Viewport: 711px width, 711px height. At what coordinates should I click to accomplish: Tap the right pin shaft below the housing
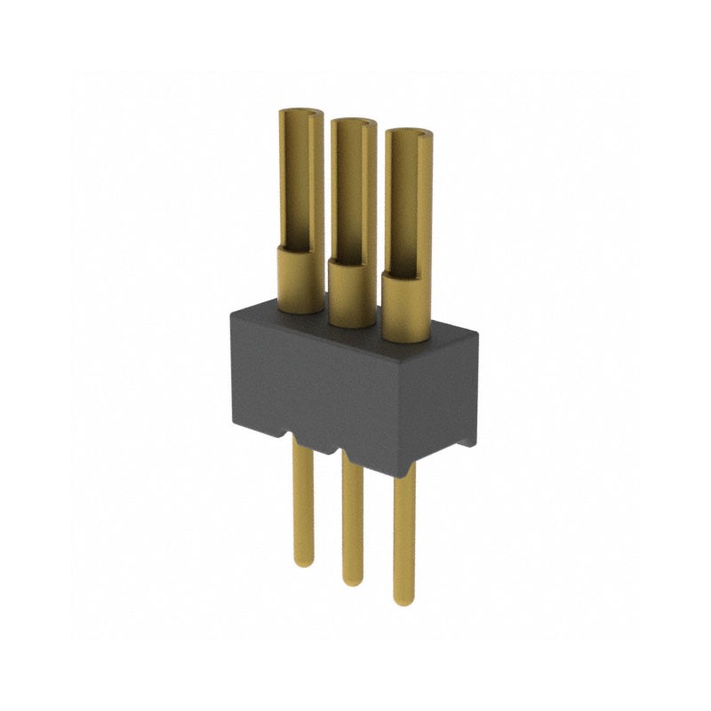coord(404,533)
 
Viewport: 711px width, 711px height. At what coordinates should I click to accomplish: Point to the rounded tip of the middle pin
coord(353,579)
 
